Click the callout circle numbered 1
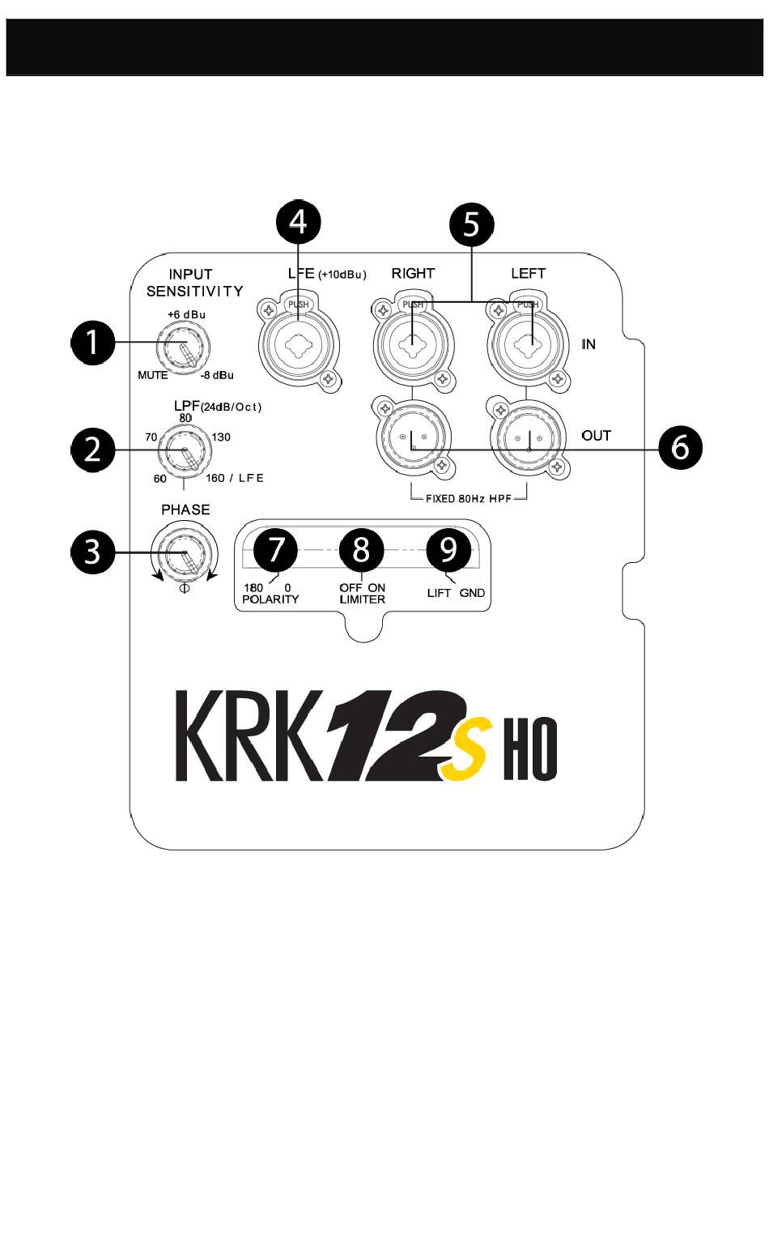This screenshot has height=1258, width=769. coord(93,342)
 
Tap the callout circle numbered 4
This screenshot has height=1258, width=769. coord(299,221)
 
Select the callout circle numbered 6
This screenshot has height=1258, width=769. coord(680,446)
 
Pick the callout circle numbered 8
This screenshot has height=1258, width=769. coord(361,549)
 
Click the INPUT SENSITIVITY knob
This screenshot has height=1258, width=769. coord(185,347)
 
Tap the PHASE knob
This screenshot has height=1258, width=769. coord(185,555)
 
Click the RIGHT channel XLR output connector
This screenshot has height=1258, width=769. coord(413,438)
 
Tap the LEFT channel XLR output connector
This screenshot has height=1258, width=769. coord(528,438)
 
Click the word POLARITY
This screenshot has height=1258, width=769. coord(270,599)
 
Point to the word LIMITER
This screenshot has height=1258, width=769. coord(362,599)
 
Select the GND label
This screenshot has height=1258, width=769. coord(472,593)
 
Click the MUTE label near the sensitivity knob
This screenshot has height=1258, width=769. coord(152,375)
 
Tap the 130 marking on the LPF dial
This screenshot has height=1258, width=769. coord(221,437)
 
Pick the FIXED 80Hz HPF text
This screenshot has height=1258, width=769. coord(469,499)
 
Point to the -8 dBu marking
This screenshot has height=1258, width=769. coord(218,375)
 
